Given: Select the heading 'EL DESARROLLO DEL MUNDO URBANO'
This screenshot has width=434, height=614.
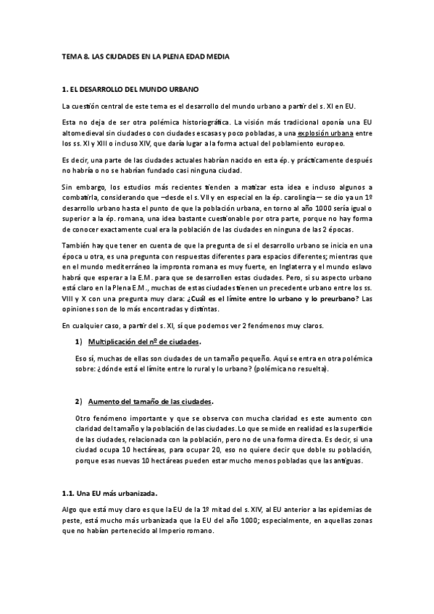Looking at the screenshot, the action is point(135,90).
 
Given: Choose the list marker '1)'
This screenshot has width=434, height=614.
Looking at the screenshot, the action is point(79,342).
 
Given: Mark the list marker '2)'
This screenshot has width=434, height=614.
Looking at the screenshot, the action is point(79,402).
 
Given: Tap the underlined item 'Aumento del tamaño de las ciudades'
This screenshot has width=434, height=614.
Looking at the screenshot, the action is point(150,402).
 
